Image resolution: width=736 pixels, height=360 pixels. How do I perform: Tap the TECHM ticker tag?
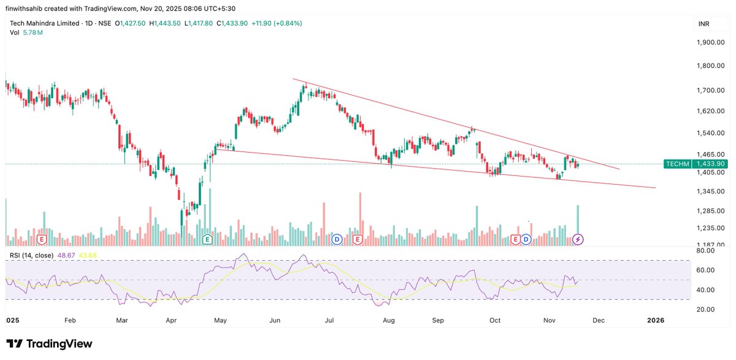click(x=678, y=164)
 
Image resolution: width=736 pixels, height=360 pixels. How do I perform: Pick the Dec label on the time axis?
click(x=598, y=320)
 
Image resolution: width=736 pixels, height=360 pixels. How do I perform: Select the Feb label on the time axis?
click(x=69, y=320)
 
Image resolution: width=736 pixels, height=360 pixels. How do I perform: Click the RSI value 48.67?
click(x=65, y=255)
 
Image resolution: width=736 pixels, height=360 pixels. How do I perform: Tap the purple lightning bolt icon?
click(x=578, y=239)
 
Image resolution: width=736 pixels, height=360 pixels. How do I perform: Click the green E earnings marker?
click(x=207, y=239)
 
